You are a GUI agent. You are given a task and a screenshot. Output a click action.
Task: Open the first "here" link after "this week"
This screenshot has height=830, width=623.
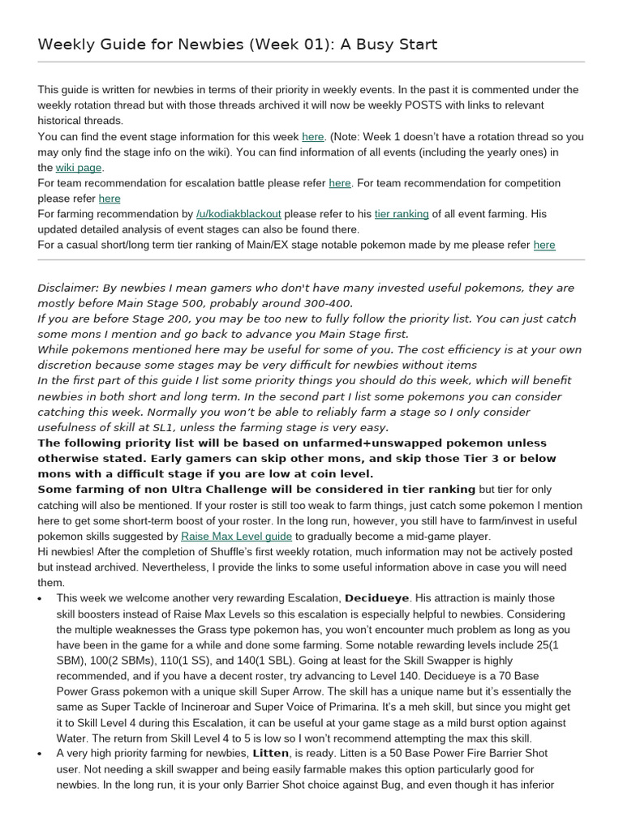[x=313, y=137]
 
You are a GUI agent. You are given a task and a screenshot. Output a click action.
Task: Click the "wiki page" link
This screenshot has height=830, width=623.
[x=79, y=168]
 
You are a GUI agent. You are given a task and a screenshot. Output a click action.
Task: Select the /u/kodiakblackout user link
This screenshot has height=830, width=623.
[x=238, y=214]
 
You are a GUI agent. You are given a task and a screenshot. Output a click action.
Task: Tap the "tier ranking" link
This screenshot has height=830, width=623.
[x=402, y=214]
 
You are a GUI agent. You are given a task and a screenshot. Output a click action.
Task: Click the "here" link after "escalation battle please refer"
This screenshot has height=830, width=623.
[x=340, y=183]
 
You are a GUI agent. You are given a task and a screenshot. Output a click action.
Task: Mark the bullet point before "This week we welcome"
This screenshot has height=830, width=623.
[x=41, y=599]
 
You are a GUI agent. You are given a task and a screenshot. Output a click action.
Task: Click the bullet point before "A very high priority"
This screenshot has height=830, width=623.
[x=41, y=754]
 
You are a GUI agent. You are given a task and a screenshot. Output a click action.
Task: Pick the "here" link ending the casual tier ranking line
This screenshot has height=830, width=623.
[x=544, y=245]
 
